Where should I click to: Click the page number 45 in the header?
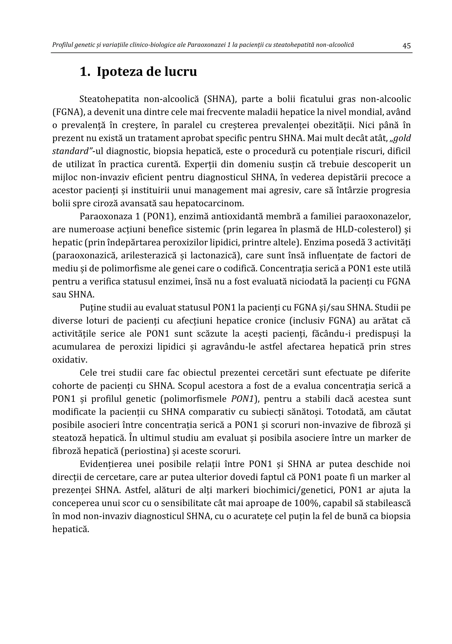[x=406, y=46]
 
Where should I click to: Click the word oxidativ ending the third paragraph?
[x=66, y=360]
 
